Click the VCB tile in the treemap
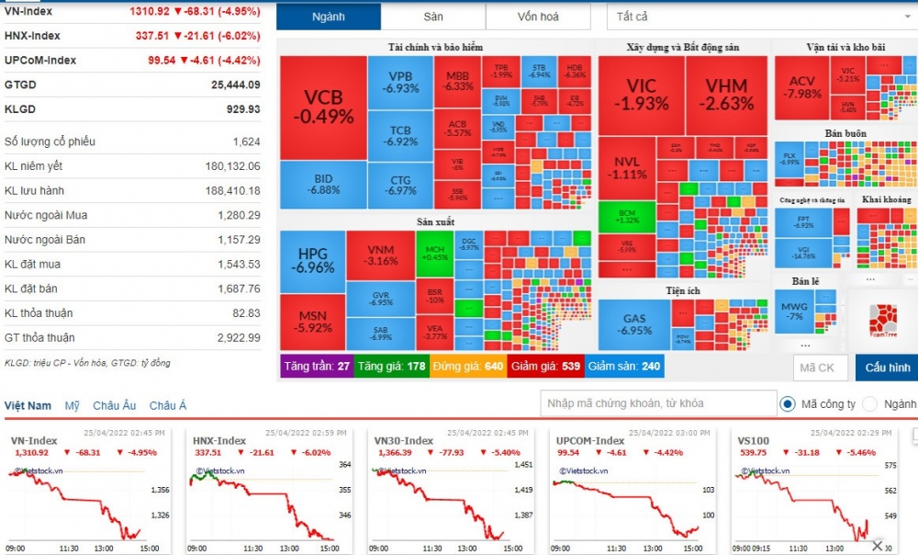pos(323,108)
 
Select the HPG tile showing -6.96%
pos(312,261)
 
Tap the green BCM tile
pos(627,216)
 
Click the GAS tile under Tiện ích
pos(634,324)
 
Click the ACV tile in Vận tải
pos(801,87)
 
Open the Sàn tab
pos(433,17)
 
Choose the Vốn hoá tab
pos(538,17)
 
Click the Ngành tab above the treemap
pos(329,17)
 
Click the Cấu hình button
pos(887,368)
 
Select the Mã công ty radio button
pos(788,403)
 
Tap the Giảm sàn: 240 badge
pos(624,367)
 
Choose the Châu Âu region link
pos(115,405)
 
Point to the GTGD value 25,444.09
pos(235,85)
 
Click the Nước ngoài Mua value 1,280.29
pos(235,215)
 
